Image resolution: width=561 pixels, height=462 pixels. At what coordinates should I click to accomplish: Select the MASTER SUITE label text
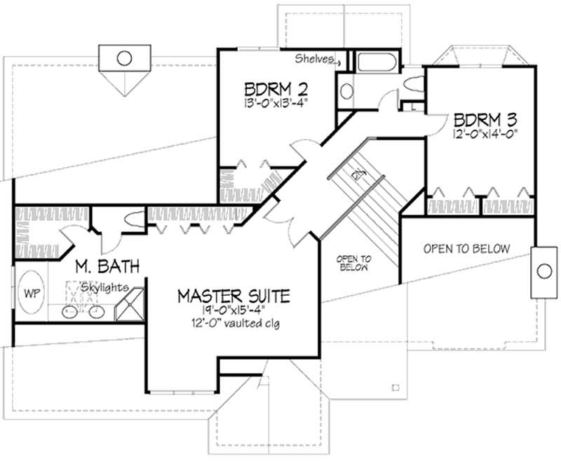coord(233,295)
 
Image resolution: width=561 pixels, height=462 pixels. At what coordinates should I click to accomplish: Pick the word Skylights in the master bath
coord(103,287)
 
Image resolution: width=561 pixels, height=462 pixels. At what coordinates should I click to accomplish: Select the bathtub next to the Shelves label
coord(377,62)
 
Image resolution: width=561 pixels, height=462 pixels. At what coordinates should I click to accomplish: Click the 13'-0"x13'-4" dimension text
coord(277,102)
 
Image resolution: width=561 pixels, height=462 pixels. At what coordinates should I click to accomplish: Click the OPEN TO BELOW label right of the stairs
coord(466,249)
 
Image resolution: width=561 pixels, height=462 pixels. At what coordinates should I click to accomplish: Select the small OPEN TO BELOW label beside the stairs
coord(355,262)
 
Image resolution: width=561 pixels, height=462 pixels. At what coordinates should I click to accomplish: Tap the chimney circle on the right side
coord(543,271)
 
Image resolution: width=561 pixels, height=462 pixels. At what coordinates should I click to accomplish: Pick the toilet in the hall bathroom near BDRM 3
coord(412,86)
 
